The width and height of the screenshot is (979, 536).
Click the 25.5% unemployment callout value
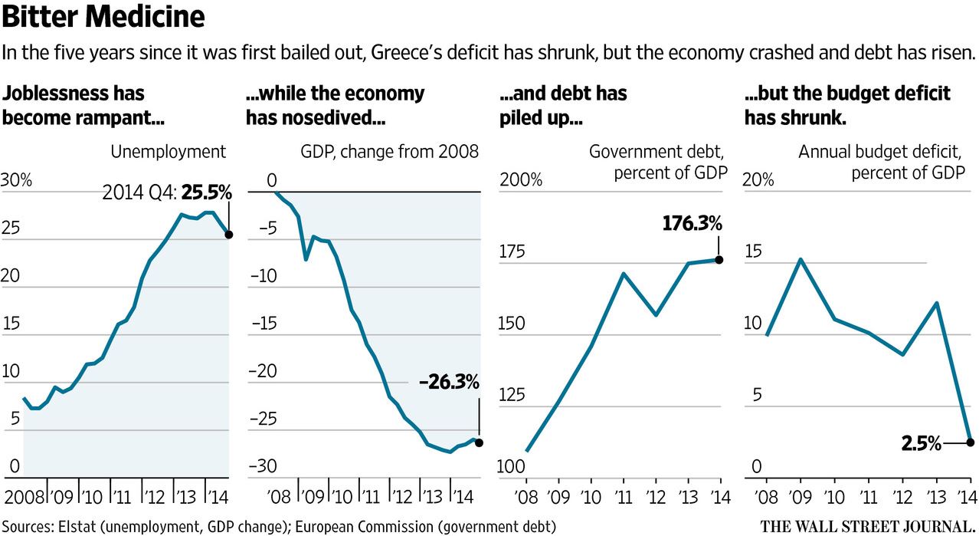(x=207, y=193)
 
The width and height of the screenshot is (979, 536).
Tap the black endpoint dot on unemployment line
(x=229, y=235)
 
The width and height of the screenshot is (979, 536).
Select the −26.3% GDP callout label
(x=449, y=382)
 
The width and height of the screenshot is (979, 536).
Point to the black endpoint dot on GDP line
(x=480, y=442)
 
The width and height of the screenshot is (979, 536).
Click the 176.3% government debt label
(x=691, y=224)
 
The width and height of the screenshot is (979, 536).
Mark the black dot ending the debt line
(x=719, y=260)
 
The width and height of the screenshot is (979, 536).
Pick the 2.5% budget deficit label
(x=919, y=443)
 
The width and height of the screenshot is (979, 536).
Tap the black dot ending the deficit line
(x=970, y=442)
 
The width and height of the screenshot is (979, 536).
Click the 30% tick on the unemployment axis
(x=16, y=181)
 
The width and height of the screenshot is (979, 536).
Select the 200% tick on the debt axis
(x=521, y=181)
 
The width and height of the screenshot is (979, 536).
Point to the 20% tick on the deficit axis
(x=758, y=181)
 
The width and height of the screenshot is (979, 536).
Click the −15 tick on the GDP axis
(x=261, y=324)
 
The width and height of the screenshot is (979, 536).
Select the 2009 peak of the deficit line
(x=800, y=259)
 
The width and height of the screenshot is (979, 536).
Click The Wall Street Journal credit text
(x=866, y=526)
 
